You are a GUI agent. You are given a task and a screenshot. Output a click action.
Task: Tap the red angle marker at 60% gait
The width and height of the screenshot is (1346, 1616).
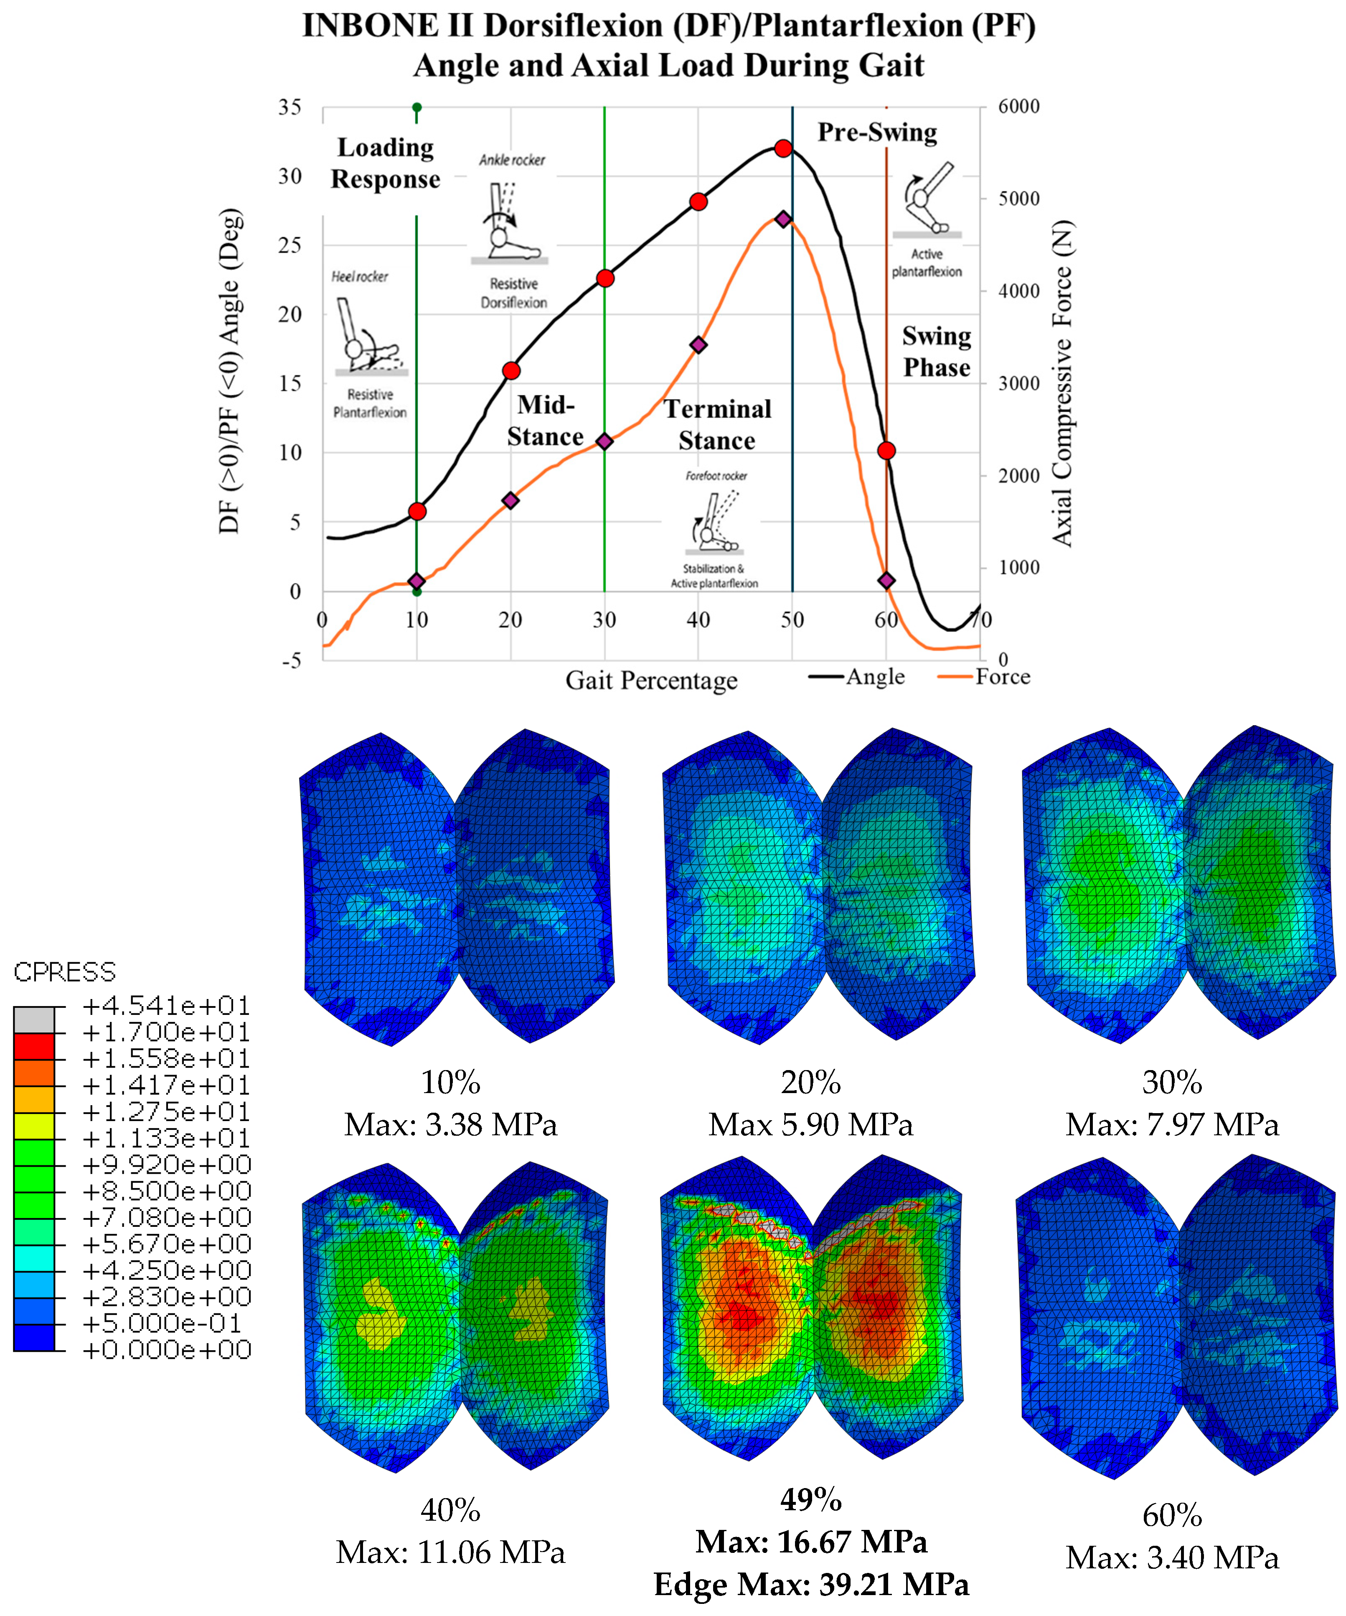coord(886,450)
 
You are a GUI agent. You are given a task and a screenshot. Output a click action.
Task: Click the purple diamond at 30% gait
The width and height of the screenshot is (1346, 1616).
coord(604,441)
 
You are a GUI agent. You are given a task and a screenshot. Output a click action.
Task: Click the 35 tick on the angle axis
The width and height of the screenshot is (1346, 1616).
coord(290,107)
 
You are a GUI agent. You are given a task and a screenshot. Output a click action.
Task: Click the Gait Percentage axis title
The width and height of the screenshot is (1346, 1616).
coord(651,680)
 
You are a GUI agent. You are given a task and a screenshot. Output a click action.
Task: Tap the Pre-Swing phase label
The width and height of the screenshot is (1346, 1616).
coord(877,133)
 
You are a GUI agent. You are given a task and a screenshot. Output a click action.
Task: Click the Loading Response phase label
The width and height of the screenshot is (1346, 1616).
coord(385,163)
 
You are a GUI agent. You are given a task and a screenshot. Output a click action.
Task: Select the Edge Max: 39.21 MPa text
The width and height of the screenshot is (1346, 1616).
coord(811,1584)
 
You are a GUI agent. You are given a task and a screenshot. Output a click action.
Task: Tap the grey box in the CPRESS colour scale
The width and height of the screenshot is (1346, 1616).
coord(34,1020)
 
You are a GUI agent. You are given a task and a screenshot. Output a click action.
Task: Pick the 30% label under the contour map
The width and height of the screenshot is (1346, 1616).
coord(1171,1083)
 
